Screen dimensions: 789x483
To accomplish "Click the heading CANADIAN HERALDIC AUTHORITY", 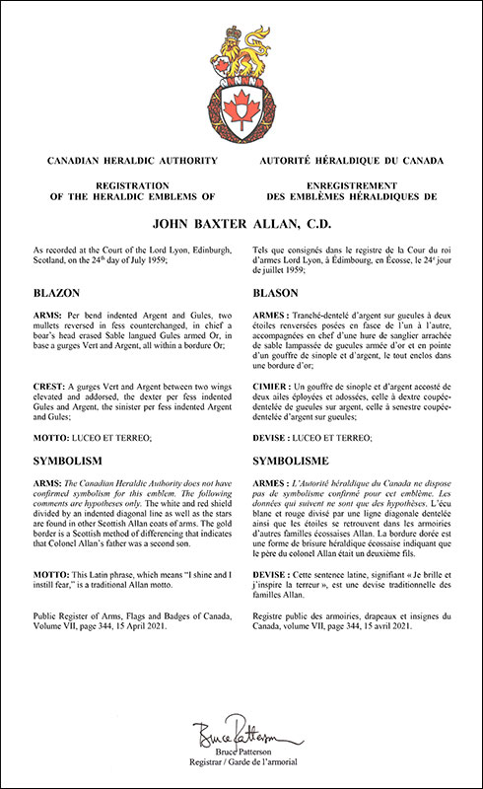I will (x=130, y=159).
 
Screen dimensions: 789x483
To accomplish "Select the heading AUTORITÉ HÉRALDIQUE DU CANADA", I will (x=351, y=159).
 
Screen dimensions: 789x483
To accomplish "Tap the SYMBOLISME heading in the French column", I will (x=293, y=461).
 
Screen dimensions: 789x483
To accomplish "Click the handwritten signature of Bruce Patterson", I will (x=240, y=736).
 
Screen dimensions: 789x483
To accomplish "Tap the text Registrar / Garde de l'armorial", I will (x=241, y=765).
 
